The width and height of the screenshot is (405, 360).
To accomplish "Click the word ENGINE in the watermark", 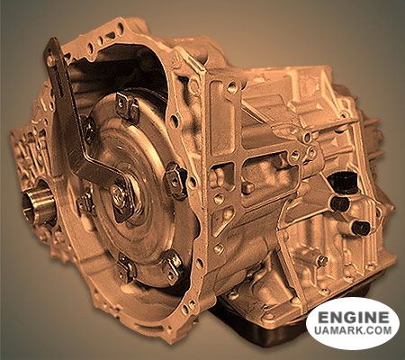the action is coord(354,317).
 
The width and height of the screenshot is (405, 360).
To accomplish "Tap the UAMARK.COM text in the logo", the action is coord(354,330).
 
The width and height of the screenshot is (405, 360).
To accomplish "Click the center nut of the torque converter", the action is coord(120,193).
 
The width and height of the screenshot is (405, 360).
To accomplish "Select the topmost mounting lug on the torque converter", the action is coord(127,107).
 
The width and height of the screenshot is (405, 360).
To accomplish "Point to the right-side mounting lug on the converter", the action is coord(175,181).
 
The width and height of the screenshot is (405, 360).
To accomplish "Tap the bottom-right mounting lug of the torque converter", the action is coord(173,264).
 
